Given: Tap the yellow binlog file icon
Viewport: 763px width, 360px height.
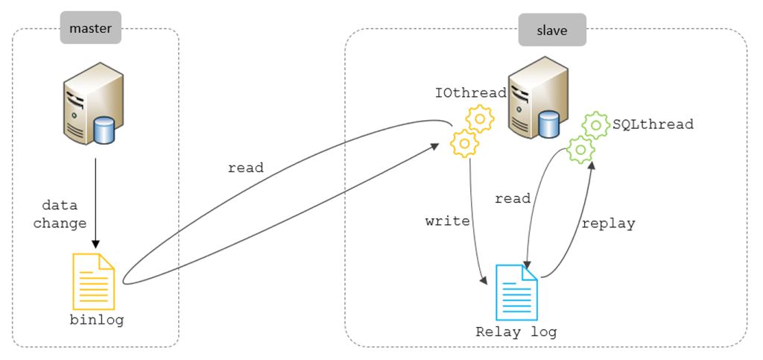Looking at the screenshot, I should (x=93, y=281).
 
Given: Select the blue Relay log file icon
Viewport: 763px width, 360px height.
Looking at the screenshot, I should (x=516, y=292).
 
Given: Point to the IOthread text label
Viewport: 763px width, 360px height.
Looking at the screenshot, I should (x=471, y=93).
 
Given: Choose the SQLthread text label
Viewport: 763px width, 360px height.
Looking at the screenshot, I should (x=653, y=124).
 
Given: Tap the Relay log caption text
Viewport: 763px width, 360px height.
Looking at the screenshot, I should (x=516, y=332).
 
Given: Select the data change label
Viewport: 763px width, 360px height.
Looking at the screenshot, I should (x=60, y=214).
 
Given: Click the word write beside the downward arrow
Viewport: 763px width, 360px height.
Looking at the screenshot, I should (x=447, y=221).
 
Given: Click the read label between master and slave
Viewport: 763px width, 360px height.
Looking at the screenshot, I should (x=246, y=168).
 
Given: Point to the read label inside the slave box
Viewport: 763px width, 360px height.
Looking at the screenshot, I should (x=513, y=198).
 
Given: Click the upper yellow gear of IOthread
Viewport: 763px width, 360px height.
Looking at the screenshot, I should (x=480, y=118).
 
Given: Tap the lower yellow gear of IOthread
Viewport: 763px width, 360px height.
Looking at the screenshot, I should (x=465, y=142).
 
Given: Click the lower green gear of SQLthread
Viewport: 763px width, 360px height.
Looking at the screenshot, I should (x=580, y=149).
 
